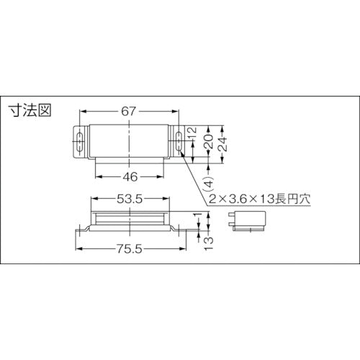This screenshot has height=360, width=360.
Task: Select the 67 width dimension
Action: click(128, 112)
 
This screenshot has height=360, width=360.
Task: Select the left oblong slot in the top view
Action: click(79, 143)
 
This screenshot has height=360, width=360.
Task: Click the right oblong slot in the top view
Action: click(177, 143)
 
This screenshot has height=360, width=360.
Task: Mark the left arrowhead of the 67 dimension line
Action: click(81, 112)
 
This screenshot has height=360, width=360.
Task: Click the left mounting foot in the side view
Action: click(82, 229)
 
